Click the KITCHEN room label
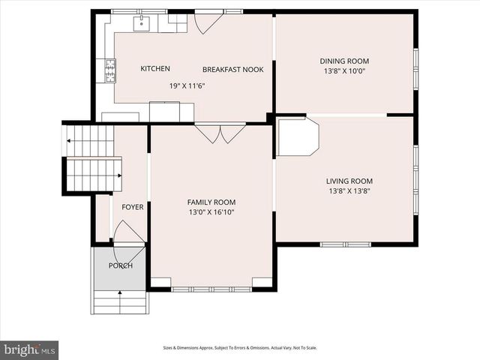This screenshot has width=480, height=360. coord(155,69)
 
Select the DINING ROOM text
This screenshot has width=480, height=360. coord(344,61)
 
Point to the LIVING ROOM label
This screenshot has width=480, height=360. coord(349,181)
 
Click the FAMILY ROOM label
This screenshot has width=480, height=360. coord(211,202)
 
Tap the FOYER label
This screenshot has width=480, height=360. coord(133,207)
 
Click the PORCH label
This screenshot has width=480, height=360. coord(120,265)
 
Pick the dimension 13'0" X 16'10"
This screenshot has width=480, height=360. coord(211,212)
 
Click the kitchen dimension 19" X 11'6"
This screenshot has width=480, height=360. coord(187,85)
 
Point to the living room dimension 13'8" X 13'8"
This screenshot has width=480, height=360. coord(349,191)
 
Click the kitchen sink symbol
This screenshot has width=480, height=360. coord(142,24)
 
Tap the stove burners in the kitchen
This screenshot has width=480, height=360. coord(110,70)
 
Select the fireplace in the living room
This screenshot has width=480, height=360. coord(298,138)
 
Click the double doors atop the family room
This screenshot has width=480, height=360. coord(220,133)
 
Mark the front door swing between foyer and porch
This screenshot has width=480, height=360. coord(127,234)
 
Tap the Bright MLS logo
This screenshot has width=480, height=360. coord(30,349)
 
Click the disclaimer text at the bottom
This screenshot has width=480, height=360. coord(240,348)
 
